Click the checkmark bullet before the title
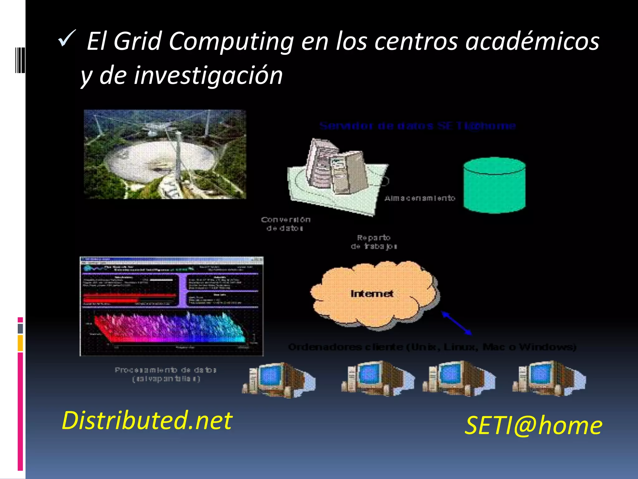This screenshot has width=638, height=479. [x=67, y=38]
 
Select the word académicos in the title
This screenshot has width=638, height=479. [x=532, y=41]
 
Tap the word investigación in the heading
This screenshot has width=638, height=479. [x=208, y=75]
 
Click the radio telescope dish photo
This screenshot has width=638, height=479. [x=165, y=154]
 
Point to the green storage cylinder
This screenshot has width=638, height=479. [x=494, y=185]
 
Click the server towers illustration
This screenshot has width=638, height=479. [x=336, y=170]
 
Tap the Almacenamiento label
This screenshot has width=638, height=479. [x=420, y=198]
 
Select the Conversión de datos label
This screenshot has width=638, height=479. [x=285, y=224]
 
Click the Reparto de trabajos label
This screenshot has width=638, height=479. [x=374, y=242]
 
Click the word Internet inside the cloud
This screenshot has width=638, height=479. [x=372, y=294]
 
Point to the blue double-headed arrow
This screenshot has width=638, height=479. [x=457, y=323]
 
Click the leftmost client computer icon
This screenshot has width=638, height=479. [x=278, y=380]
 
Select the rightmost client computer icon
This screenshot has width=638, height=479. [x=549, y=378]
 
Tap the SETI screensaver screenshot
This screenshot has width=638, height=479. [x=171, y=306]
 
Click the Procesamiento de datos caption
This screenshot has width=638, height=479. [x=165, y=374]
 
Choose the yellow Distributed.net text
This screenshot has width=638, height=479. [x=147, y=420]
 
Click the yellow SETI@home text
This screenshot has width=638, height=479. [x=533, y=425]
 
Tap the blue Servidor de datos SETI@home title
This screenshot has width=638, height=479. [x=418, y=126]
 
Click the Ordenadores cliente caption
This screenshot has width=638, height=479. [x=432, y=347]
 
